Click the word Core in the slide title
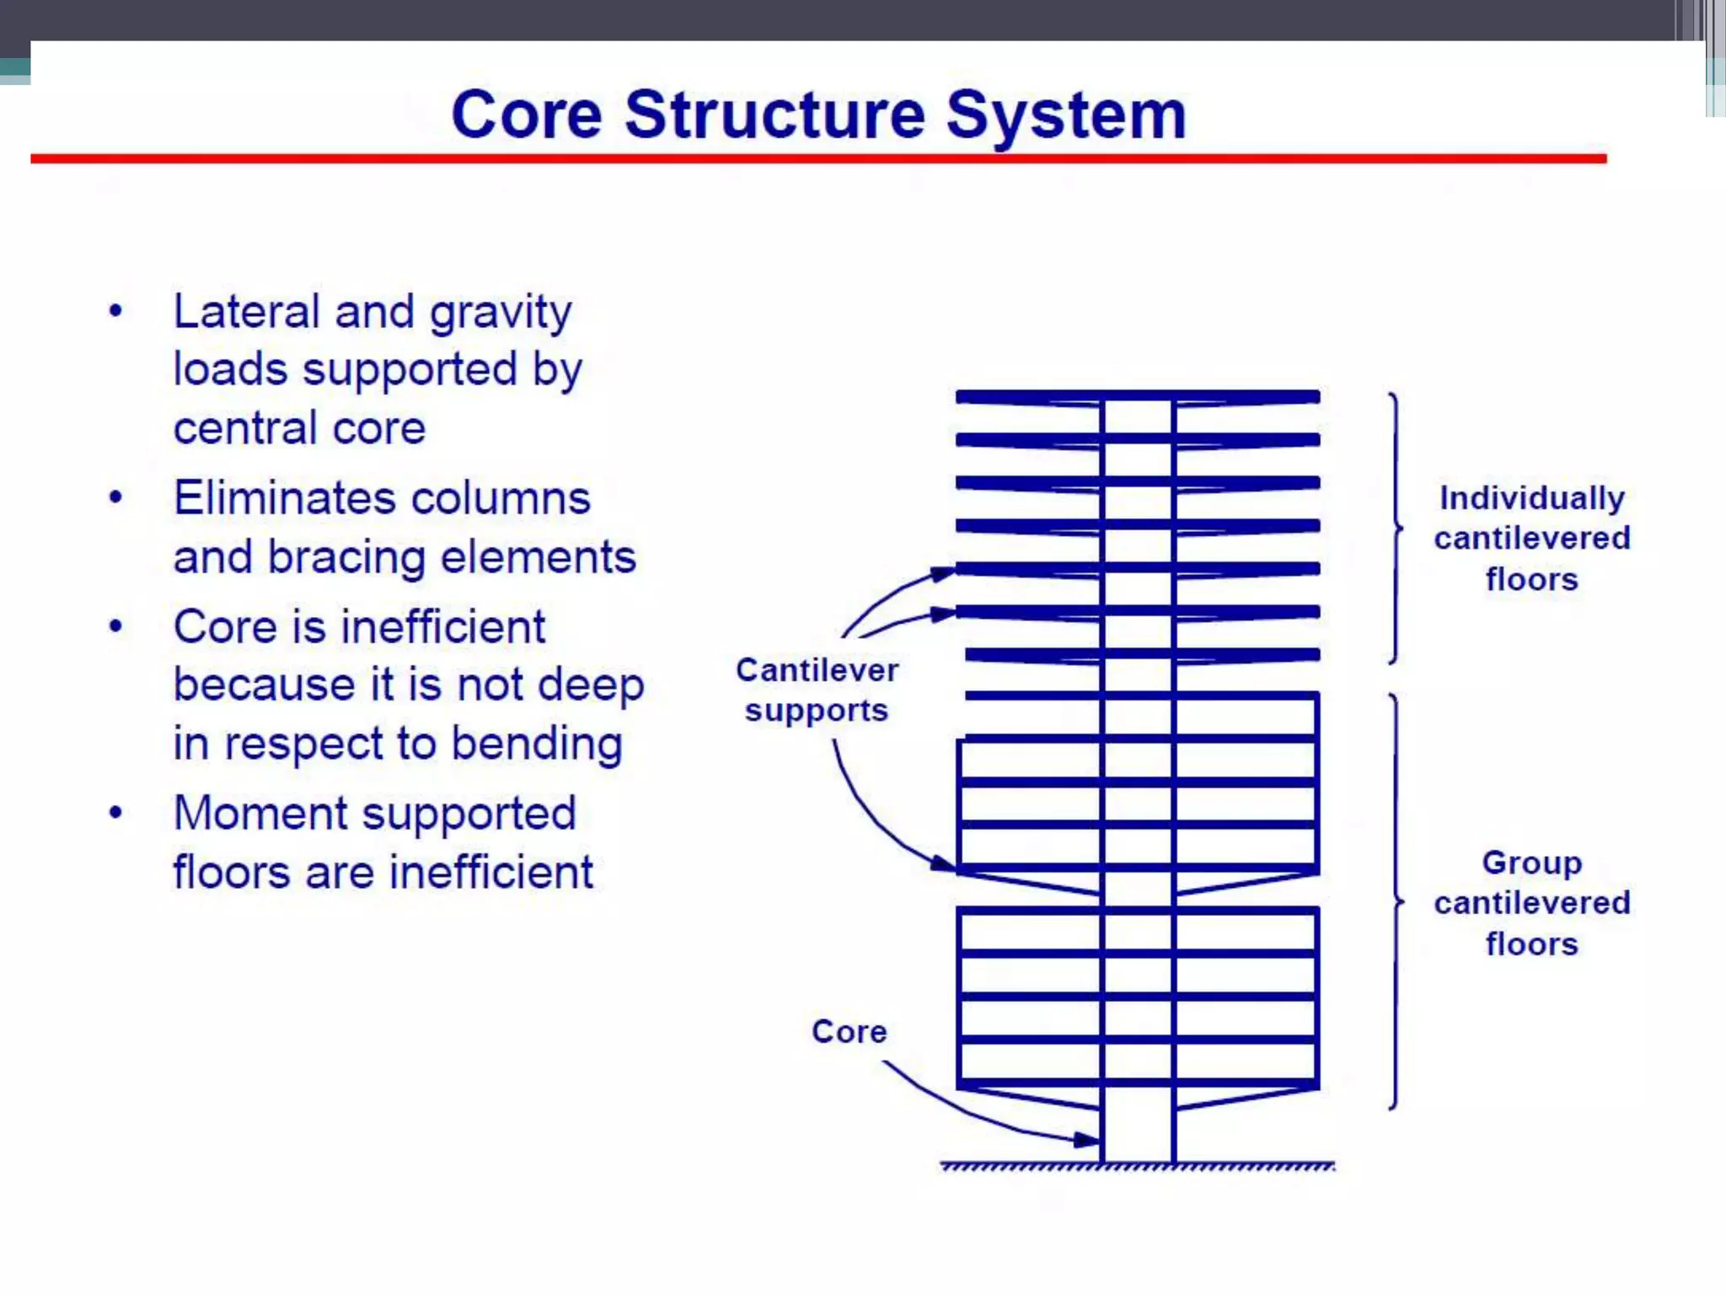pyautogui.click(x=527, y=115)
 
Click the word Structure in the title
pyautogui.click(x=775, y=115)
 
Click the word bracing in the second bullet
pyautogui.click(x=346, y=557)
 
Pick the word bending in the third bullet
pyautogui.click(x=537, y=744)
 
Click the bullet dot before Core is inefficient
pyautogui.click(x=116, y=626)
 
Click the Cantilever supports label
pyautogui.click(x=817, y=690)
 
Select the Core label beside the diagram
pyautogui.click(x=849, y=1031)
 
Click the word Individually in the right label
pyautogui.click(x=1531, y=497)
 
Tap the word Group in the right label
pyautogui.click(x=1531, y=862)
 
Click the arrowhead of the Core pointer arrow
pyautogui.click(x=1088, y=1140)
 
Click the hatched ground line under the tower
pyautogui.click(x=1138, y=1167)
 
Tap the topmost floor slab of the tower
pyautogui.click(x=1138, y=396)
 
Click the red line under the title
pyautogui.click(x=817, y=159)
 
